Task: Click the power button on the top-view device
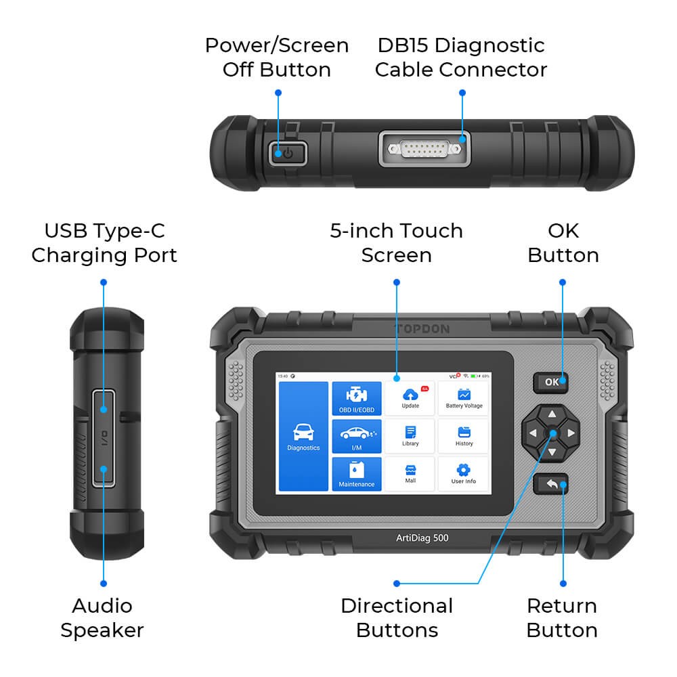[x=287, y=153]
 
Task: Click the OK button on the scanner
[x=551, y=382]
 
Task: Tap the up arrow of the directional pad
[x=552, y=414]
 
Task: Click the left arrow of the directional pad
[x=532, y=433]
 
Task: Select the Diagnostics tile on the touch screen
[x=303, y=437]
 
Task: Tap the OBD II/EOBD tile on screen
[x=357, y=399]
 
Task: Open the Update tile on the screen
[x=410, y=399]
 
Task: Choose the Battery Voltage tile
[x=464, y=399]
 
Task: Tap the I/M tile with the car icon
[x=357, y=437]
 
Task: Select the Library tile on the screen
[x=410, y=437]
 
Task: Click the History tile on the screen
[x=464, y=437]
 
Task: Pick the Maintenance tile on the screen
[x=357, y=474]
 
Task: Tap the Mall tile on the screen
[x=410, y=474]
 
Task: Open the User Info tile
[x=464, y=474]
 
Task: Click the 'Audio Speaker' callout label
[x=102, y=617]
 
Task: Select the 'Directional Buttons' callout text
[x=397, y=617]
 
